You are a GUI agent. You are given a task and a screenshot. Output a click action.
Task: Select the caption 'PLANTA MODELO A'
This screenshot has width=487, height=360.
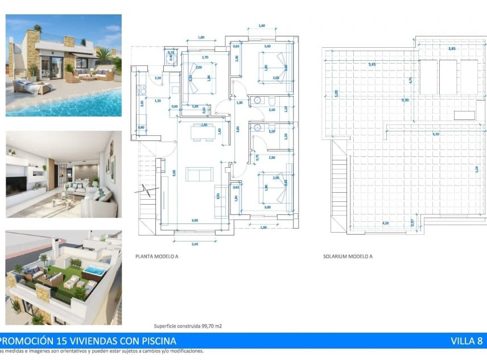click(x=156, y=256)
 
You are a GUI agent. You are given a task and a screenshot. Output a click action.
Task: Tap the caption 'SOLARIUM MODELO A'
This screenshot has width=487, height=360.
click(x=347, y=256)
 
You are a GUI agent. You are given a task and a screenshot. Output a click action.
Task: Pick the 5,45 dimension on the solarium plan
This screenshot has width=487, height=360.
click(x=372, y=65)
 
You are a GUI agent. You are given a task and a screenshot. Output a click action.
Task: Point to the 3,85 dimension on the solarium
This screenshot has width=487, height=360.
click(x=452, y=49)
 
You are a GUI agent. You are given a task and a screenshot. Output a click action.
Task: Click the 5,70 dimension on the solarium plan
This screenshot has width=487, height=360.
click(x=436, y=134)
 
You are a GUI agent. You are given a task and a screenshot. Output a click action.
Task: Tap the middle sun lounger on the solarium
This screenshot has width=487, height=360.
click(x=449, y=77)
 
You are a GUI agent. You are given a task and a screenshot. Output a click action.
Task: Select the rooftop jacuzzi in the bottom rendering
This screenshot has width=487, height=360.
click(x=94, y=271)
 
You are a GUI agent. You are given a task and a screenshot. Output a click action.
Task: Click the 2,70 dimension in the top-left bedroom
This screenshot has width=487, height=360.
click(x=205, y=57)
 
